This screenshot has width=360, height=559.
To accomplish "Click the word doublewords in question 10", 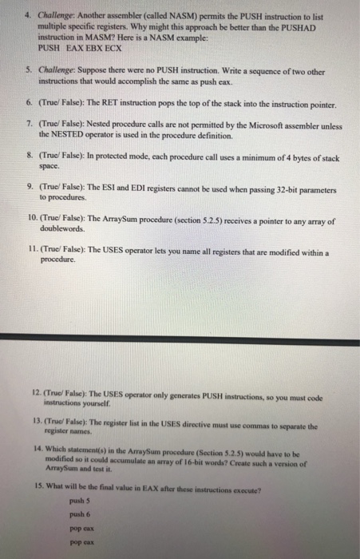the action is [63, 232].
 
